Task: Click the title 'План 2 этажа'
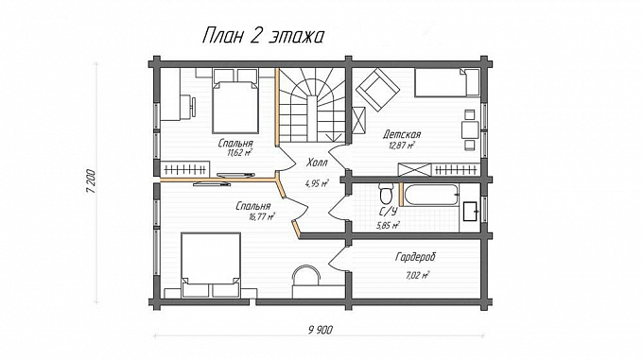point(263,37)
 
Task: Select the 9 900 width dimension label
point(321,329)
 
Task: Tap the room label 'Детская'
point(402,134)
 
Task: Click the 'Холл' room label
point(317,162)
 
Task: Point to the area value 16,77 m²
point(260,215)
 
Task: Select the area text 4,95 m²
point(317,183)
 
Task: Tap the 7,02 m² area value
point(418,275)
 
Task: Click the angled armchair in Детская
point(374,88)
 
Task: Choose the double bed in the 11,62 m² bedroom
point(234,106)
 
